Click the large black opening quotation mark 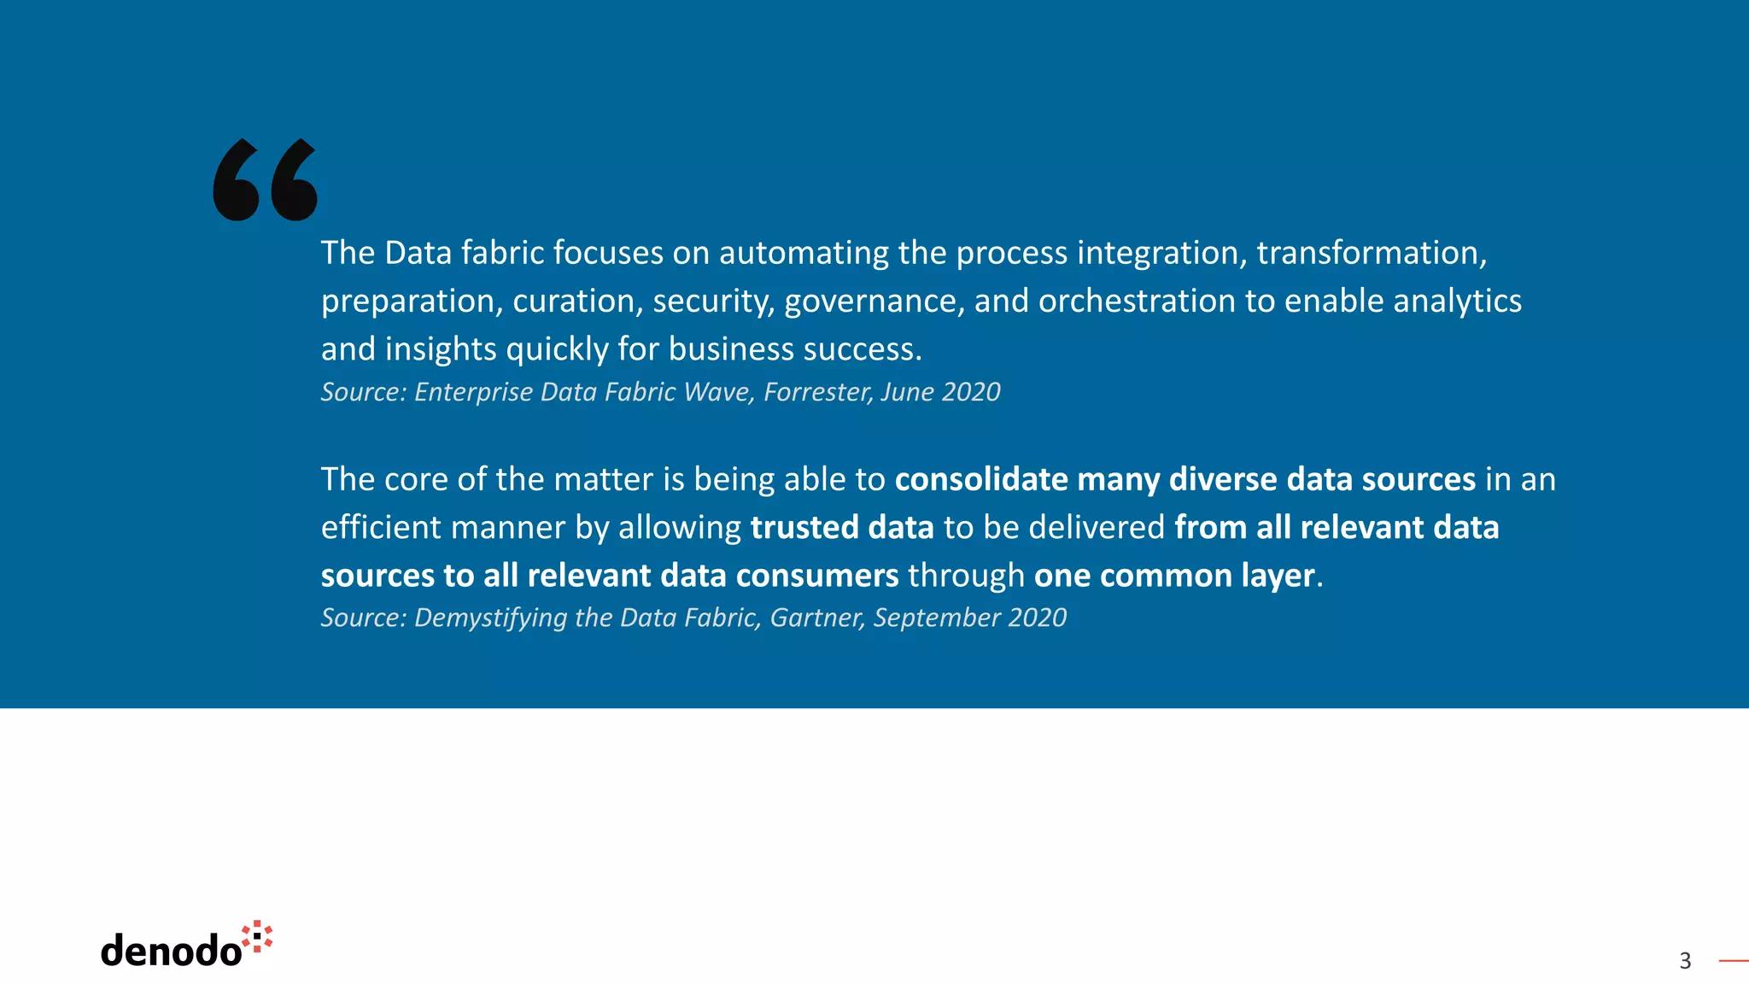click(x=265, y=179)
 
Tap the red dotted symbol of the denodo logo click(x=257, y=936)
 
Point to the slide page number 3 click(x=1685, y=961)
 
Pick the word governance click(x=874, y=302)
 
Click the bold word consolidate click(x=981, y=479)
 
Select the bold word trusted click(x=804, y=527)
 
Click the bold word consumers click(x=816, y=576)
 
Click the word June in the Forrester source click(x=907, y=392)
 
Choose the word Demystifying click(x=490, y=618)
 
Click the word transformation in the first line click(x=1371, y=253)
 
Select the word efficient click(x=381, y=527)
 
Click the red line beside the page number click(x=1733, y=961)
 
